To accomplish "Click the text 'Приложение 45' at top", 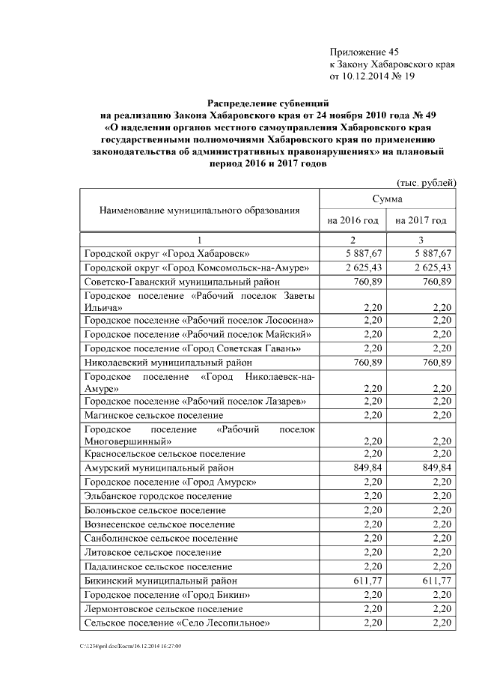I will [x=364, y=52].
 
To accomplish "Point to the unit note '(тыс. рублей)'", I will [x=425, y=183].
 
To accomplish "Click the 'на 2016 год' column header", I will [x=353, y=220].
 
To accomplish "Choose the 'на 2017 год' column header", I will [x=421, y=220].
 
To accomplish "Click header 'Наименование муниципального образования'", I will [x=199, y=211].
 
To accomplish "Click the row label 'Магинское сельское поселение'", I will [x=153, y=414].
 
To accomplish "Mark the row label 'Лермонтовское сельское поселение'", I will [x=163, y=609].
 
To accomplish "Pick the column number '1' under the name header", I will [x=199, y=240].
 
